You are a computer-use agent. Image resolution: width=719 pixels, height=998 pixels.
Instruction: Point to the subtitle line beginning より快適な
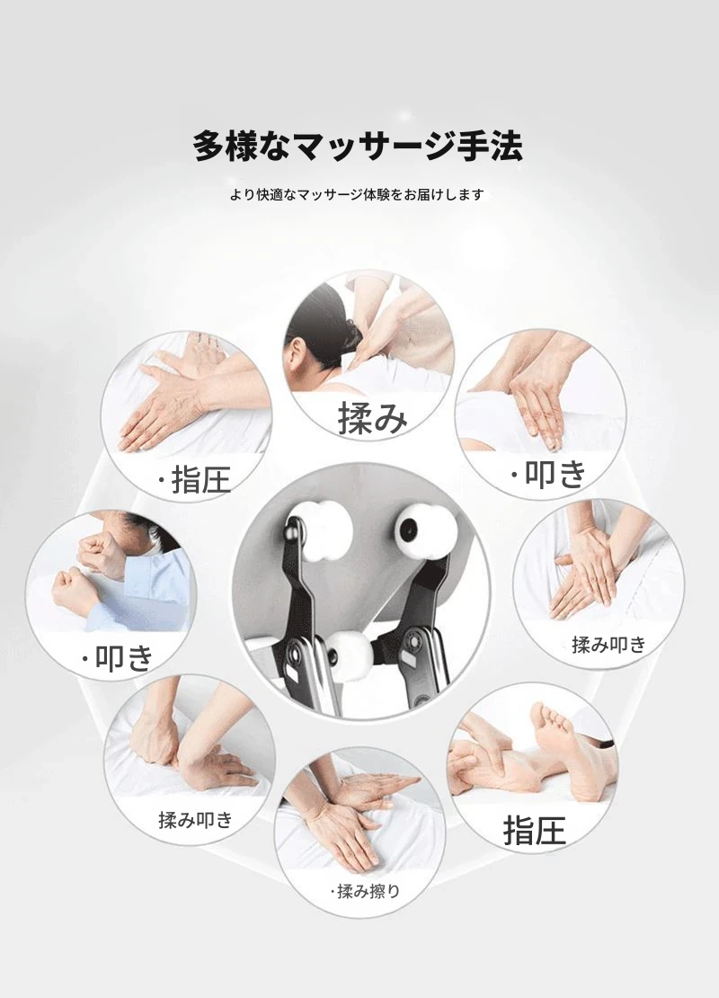(x=357, y=194)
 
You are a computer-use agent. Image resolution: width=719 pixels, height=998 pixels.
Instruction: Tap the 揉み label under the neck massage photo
(x=372, y=417)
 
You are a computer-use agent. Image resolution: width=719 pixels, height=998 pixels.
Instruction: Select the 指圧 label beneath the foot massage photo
(x=535, y=831)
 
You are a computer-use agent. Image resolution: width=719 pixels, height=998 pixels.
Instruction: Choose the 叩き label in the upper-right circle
(x=548, y=474)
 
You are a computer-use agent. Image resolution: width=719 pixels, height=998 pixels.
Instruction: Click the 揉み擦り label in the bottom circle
(x=365, y=891)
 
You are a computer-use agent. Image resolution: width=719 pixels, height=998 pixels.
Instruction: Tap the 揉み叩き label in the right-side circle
(x=609, y=645)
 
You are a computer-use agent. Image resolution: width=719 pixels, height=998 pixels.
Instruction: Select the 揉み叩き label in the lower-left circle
(x=195, y=820)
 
